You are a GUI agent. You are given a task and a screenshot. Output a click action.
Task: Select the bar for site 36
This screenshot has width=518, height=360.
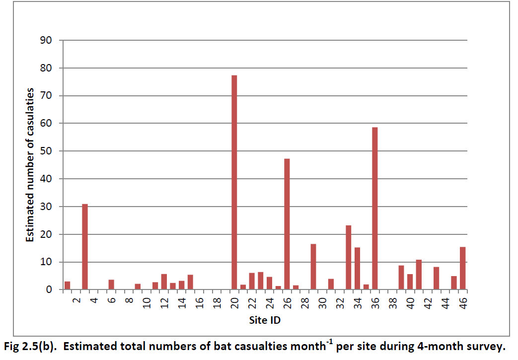click(x=374, y=209)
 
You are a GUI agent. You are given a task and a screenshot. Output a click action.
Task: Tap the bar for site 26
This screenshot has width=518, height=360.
click(x=287, y=224)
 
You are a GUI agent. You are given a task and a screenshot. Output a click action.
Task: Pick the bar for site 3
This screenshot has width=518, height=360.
click(x=85, y=247)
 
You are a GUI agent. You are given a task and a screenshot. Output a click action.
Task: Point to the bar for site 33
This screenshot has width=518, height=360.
click(x=348, y=257)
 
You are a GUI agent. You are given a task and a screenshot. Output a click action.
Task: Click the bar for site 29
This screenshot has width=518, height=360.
click(x=313, y=267)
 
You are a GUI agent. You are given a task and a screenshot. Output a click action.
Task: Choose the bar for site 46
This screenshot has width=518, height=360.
click(x=462, y=268)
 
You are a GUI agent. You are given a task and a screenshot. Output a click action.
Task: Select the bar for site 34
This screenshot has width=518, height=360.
click(x=357, y=268)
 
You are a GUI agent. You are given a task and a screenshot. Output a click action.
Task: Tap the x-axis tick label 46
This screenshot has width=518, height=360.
click(x=463, y=303)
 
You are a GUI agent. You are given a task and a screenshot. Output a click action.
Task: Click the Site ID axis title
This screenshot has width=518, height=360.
click(x=265, y=320)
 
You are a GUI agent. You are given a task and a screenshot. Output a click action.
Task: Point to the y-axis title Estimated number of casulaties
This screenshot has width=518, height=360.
click(x=30, y=165)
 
